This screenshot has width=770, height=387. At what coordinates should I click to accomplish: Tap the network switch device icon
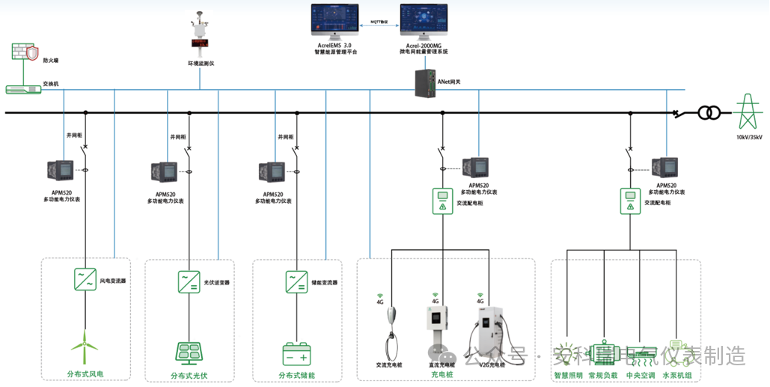23,89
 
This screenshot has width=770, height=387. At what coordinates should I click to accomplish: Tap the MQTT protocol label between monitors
379,22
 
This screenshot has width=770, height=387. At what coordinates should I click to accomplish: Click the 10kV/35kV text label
748,138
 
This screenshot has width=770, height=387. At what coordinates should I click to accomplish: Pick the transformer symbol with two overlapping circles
709,113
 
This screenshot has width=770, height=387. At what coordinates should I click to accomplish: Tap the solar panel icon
189,352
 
